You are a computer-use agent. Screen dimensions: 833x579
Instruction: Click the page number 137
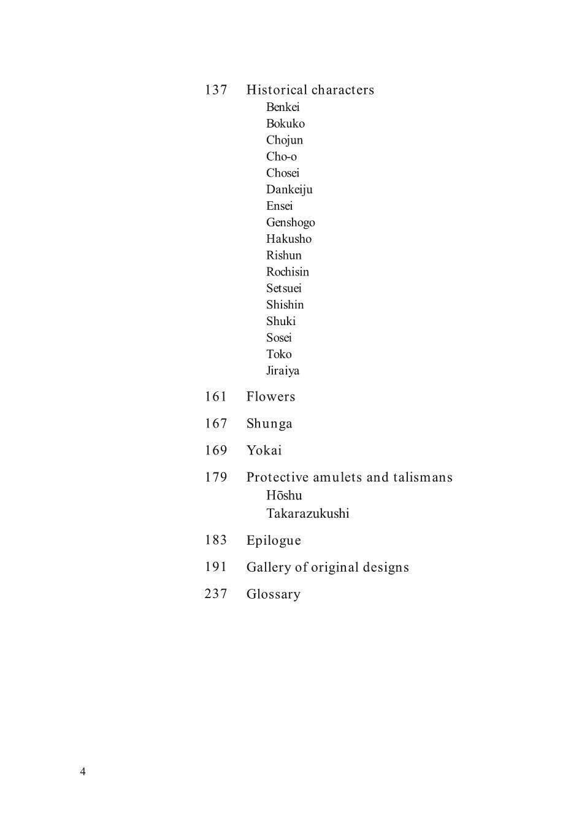coord(216,90)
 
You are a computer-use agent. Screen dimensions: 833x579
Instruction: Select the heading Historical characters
coord(310,90)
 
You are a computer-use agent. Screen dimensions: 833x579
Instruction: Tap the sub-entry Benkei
coord(283,107)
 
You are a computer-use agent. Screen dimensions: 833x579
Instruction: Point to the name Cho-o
coord(281,156)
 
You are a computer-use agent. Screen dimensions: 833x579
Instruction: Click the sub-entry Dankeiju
coord(289,190)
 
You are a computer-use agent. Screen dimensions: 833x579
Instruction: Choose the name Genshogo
coord(290,223)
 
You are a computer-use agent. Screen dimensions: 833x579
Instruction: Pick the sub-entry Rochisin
coord(287,272)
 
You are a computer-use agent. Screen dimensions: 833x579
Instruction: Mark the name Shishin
coord(285,305)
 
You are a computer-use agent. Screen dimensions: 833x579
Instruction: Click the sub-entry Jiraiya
coord(283,370)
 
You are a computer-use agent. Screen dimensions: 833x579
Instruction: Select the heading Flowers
coord(270,397)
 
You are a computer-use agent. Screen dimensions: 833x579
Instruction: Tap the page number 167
coord(216,424)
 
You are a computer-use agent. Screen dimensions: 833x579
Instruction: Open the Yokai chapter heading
coord(264,451)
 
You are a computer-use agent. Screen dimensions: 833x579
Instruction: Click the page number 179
coord(216,477)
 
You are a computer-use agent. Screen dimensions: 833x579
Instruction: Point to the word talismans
coord(423,477)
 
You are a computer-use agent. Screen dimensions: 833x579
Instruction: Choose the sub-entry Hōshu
coord(284,496)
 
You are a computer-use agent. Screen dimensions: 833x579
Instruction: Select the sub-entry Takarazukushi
coord(307,514)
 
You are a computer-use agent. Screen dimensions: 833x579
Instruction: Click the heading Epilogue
coord(274,540)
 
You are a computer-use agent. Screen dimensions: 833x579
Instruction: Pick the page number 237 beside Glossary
coord(216,594)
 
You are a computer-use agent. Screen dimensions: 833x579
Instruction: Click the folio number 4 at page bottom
coord(83,772)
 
